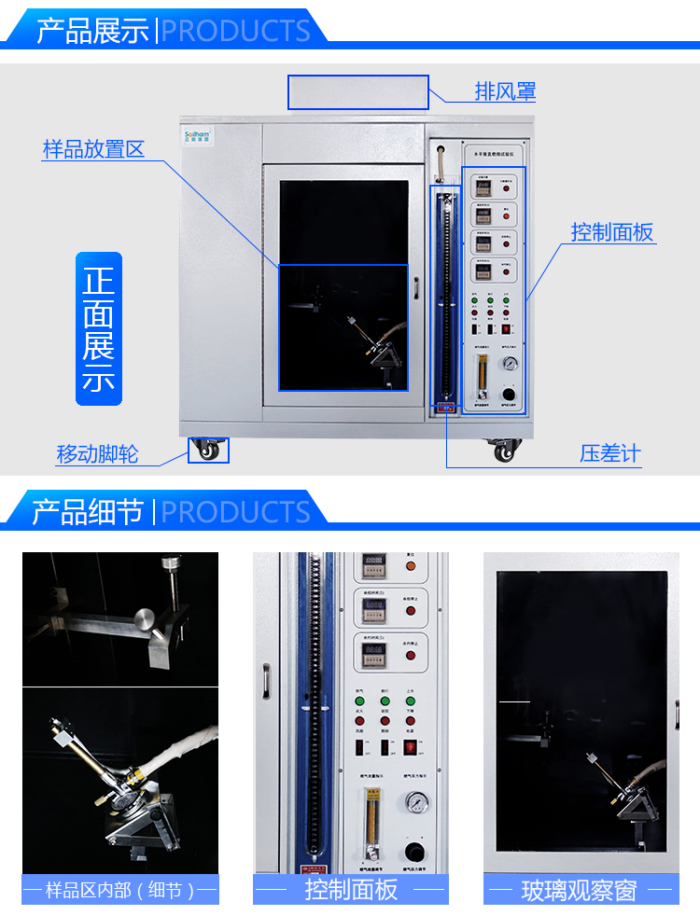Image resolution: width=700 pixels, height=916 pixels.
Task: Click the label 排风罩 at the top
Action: [x=505, y=91]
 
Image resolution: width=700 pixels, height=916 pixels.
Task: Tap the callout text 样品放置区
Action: [x=93, y=149]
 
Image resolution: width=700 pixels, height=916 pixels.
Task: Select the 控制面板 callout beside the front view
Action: [x=612, y=232]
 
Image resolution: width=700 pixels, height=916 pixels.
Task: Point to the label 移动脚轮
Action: [x=97, y=454]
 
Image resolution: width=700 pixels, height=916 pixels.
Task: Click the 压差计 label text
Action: [x=610, y=454]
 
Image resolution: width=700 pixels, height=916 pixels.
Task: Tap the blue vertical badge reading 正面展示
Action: [x=98, y=328]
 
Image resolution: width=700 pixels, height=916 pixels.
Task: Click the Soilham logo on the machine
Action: [x=197, y=135]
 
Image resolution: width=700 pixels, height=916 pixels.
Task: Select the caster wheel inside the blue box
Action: [x=208, y=451]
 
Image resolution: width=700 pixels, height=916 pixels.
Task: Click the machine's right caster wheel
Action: [x=506, y=451]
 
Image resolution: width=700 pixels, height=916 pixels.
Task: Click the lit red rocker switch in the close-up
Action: [x=409, y=748]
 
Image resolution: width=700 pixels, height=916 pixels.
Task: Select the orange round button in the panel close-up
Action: [x=410, y=611]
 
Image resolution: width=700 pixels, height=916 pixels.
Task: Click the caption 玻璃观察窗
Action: [x=579, y=891]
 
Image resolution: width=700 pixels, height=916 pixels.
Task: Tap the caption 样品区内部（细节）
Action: [x=120, y=891]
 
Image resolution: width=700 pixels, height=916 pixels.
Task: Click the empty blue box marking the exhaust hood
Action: [x=358, y=92]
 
